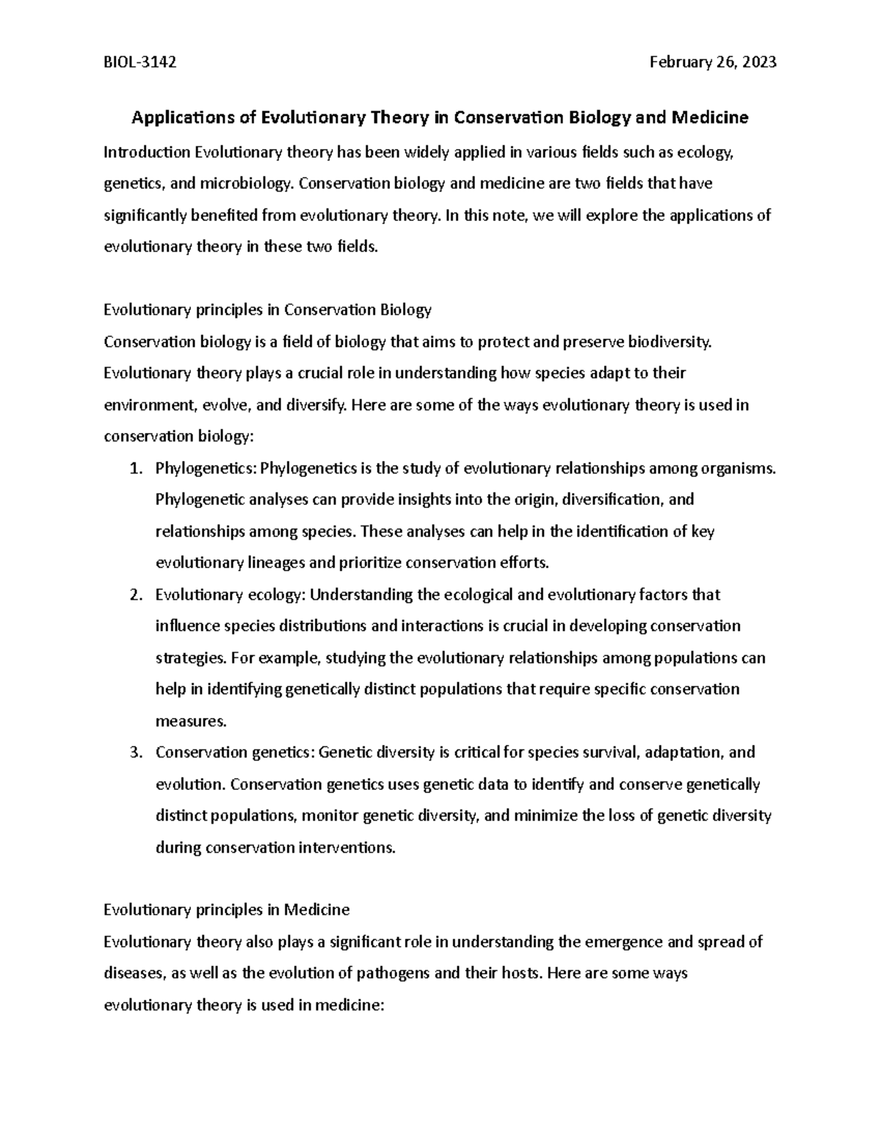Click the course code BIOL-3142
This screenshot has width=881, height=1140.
(139, 63)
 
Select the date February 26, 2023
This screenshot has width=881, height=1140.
(713, 63)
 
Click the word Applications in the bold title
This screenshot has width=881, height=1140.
(179, 117)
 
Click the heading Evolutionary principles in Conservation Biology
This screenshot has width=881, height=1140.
(267, 310)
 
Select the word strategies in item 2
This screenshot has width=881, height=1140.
(189, 658)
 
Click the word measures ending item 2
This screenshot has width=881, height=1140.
(190, 722)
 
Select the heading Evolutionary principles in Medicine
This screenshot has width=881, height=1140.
(226, 910)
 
